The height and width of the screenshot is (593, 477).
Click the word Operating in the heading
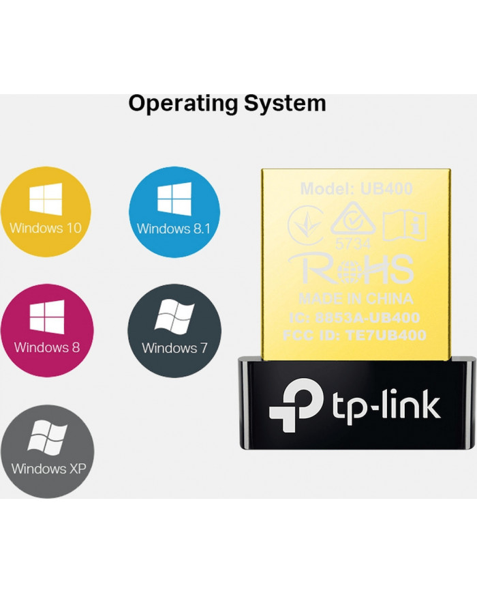(174, 104)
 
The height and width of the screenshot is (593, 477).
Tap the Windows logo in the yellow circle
(46, 199)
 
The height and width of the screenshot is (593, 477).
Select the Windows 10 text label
(46, 227)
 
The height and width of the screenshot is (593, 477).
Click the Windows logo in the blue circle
(174, 199)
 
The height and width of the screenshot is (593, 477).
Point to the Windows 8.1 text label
(174, 229)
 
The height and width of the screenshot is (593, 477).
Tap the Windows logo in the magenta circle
(47, 317)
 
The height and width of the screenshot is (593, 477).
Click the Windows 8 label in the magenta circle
(47, 347)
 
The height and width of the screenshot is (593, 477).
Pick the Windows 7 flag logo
(174, 317)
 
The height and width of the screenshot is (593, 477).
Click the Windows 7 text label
(174, 348)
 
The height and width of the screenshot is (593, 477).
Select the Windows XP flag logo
(47, 439)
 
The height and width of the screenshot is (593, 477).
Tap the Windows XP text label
(47, 469)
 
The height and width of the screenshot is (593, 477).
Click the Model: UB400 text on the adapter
(356, 189)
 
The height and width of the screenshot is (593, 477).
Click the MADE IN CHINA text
(355, 299)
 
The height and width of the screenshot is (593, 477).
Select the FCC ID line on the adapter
(355, 335)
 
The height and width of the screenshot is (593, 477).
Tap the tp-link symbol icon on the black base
(290, 404)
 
